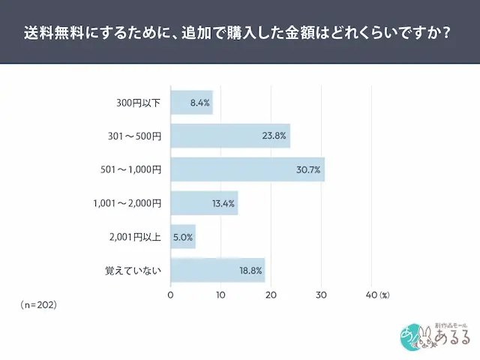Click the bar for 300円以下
coord(191,102)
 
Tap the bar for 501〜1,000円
coord(247,169)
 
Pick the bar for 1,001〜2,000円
coord(204,203)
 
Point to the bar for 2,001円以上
coord(183,237)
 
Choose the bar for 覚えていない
coord(217,270)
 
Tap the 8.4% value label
coord(199,102)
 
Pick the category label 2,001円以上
coord(135,237)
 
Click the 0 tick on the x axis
coord(171,295)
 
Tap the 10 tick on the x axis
coord(220,295)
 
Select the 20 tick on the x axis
coord(271,295)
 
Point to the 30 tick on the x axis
coord(322,295)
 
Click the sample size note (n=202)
coord(39,305)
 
